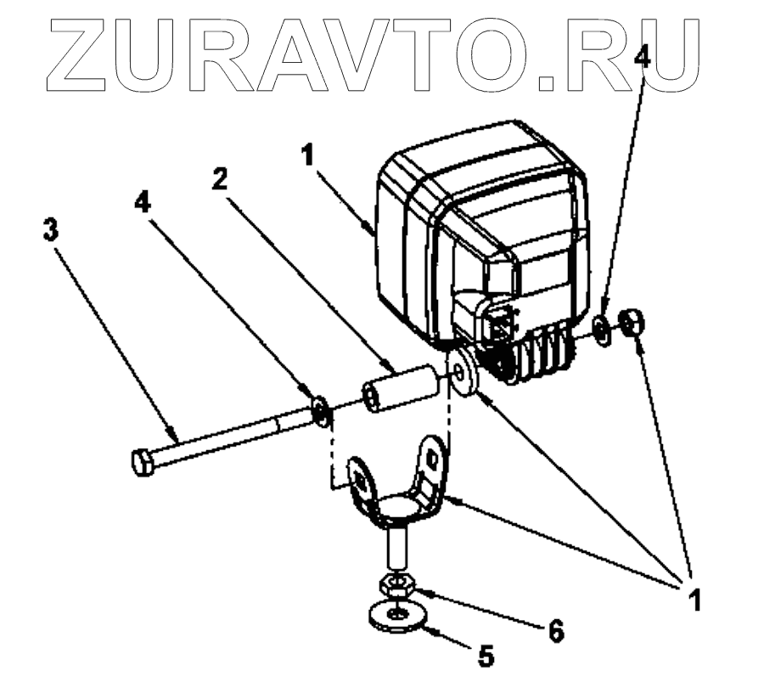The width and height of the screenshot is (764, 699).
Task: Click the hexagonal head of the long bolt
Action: coord(143,463)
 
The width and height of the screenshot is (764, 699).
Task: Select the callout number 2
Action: coord(220,180)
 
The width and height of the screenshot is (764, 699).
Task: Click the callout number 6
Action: coord(555,631)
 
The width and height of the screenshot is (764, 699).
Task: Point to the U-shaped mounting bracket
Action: coord(399,484)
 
